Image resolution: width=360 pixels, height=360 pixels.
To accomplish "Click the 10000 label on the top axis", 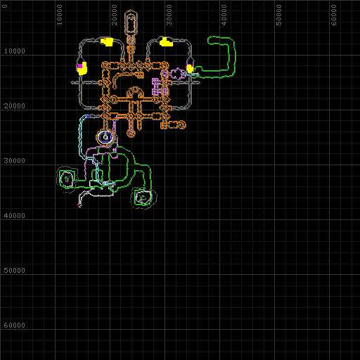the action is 59,15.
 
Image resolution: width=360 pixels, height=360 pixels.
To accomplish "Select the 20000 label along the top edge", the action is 114,15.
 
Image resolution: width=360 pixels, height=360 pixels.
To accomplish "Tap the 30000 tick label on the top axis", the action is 169,15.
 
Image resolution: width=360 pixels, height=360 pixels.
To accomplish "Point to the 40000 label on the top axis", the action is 224,15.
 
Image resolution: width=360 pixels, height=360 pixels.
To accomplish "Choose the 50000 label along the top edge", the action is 278,15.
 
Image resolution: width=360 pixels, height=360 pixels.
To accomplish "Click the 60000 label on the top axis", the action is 333,15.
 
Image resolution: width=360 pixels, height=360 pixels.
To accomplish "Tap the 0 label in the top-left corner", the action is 5,6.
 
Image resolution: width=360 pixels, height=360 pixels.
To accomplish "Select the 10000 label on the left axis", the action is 14,51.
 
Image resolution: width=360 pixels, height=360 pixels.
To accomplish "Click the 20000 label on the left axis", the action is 14,105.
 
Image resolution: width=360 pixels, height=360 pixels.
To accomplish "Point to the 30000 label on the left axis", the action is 14,160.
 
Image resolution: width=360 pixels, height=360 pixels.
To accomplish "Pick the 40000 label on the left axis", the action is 14,215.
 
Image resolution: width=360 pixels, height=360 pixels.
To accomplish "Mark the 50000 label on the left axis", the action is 14,270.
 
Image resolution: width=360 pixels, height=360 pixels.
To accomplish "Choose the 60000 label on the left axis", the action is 14,325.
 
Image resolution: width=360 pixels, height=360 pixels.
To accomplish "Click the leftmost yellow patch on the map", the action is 82,69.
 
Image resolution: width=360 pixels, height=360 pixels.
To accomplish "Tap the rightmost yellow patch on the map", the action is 190,68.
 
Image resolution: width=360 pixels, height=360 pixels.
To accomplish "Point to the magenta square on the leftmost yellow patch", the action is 80,65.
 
